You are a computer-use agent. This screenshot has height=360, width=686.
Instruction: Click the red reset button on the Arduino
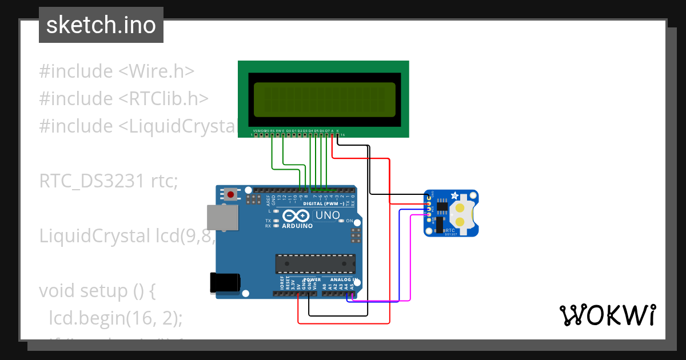click(x=230, y=194)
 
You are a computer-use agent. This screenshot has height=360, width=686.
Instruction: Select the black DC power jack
click(x=225, y=283)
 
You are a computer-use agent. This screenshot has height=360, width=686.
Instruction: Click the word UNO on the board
click(x=328, y=215)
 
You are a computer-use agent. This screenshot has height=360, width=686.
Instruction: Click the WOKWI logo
click(x=607, y=315)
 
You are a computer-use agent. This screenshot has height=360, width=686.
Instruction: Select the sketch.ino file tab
click(x=101, y=25)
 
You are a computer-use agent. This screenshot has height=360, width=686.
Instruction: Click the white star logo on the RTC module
click(x=455, y=196)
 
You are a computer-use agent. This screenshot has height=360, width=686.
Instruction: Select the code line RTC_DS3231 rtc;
click(x=109, y=181)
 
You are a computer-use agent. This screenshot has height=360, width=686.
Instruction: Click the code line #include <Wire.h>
click(x=117, y=71)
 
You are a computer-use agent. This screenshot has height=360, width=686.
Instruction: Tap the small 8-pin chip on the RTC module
click(x=442, y=206)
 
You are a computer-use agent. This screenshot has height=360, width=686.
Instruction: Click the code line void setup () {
click(x=97, y=291)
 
